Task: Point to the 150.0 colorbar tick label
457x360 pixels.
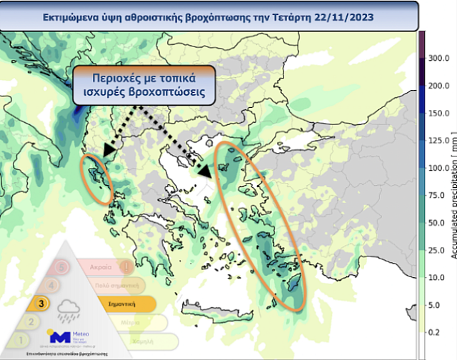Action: [437, 113]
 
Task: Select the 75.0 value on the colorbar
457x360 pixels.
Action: [437, 195]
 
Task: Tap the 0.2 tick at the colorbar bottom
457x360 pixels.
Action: [434, 331]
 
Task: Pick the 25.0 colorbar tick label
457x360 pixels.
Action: [437, 250]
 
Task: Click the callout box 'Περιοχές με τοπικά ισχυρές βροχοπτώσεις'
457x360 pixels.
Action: [144, 85]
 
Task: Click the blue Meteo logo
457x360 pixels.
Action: [59, 336]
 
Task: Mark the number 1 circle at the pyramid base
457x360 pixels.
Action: [21, 341]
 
